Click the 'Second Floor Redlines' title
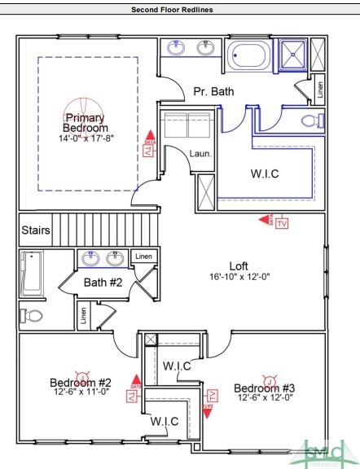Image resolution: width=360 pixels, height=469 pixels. (x=179, y=10)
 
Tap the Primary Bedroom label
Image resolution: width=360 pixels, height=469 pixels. (x=86, y=123)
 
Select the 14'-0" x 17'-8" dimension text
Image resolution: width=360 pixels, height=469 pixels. (x=86, y=138)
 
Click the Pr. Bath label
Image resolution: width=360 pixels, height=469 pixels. (x=213, y=92)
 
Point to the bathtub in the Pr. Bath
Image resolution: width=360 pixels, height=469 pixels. (x=250, y=57)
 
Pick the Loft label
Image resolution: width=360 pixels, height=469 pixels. (x=239, y=265)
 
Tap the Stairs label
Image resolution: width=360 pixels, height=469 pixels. (x=36, y=230)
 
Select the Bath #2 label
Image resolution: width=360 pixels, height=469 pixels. (x=103, y=283)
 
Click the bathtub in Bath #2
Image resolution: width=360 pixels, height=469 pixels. (x=33, y=274)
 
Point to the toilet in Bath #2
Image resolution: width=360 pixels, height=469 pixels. (x=33, y=315)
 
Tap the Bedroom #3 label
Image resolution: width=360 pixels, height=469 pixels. (x=265, y=387)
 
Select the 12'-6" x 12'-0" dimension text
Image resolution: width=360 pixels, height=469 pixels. (x=265, y=398)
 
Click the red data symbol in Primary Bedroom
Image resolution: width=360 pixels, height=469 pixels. (x=147, y=146)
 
